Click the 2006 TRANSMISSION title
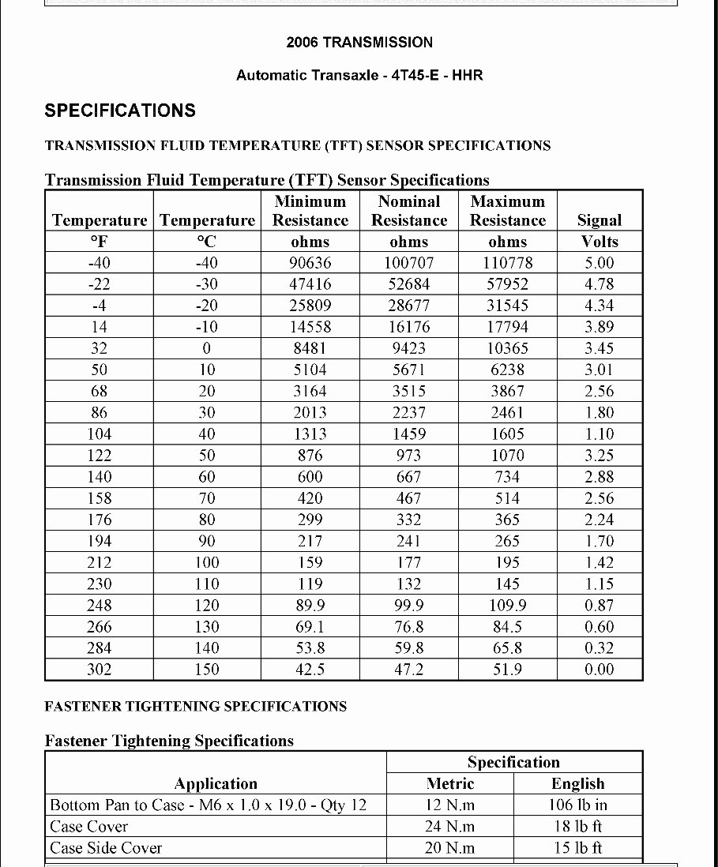[359, 43]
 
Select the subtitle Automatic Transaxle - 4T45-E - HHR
[359, 76]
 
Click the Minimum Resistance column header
[310, 211]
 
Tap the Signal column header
[599, 220]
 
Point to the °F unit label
[99, 242]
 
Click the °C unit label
[206, 242]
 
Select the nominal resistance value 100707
[408, 263]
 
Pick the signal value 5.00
[599, 263]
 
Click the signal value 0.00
[599, 670]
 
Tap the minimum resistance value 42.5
[310, 670]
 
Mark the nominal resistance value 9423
[408, 348]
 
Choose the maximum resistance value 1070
[507, 456]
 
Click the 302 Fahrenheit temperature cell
[99, 670]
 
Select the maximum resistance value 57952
[507, 284]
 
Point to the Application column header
[216, 784]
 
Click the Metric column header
[450, 784]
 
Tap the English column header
[577, 784]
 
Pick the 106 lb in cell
[577, 805]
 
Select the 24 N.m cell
[450, 827]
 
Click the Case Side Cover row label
[106, 848]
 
